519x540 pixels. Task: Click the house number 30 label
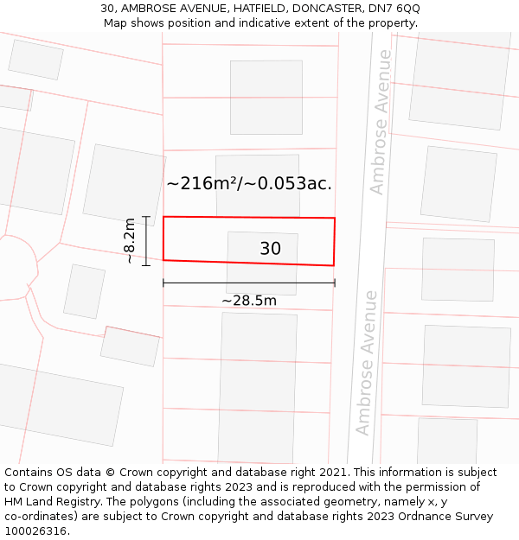pos(270,249)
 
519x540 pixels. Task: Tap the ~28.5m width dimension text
pos(249,301)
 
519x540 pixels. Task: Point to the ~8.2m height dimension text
pos(130,240)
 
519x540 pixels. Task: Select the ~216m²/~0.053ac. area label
pos(249,183)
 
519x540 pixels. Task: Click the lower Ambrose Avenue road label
pos(367,362)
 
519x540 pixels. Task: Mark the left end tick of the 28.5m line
pos(163,283)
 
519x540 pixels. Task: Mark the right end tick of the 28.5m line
pos(335,283)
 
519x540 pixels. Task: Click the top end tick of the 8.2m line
pos(146,217)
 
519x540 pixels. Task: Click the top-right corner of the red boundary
pos(335,218)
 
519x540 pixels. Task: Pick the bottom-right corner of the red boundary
pos(333,265)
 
